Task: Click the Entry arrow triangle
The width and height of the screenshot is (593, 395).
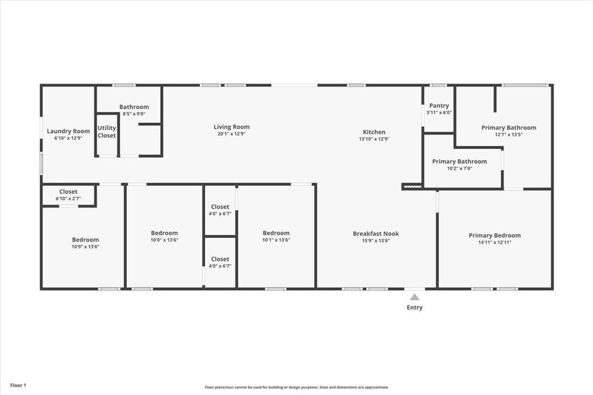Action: (x=415, y=297)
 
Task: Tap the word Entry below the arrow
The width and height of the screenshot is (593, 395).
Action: (x=415, y=308)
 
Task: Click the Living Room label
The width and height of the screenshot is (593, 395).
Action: (x=231, y=127)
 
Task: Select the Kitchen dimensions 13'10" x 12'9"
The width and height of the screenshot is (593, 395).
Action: (x=374, y=139)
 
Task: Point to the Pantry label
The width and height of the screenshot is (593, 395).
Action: (x=439, y=106)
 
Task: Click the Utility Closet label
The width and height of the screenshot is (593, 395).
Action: (x=107, y=132)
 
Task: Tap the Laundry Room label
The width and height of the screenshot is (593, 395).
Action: (x=68, y=131)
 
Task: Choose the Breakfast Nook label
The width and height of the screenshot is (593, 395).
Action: (x=376, y=234)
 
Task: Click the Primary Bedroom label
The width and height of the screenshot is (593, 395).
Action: (x=495, y=235)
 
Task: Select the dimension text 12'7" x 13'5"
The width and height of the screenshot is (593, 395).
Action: (x=509, y=134)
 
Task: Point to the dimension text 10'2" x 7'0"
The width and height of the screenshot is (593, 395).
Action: (x=460, y=168)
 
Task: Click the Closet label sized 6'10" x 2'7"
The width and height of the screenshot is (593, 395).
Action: (x=68, y=192)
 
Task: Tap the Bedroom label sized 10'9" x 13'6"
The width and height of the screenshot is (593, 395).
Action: (x=85, y=240)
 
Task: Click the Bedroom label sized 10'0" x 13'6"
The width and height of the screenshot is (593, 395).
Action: (x=164, y=233)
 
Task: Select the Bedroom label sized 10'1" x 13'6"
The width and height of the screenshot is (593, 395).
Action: (x=276, y=233)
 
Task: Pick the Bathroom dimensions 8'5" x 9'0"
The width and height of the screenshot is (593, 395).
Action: (x=134, y=113)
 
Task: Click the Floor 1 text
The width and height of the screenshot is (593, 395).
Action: (x=18, y=386)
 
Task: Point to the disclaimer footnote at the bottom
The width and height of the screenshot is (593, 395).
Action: (x=297, y=387)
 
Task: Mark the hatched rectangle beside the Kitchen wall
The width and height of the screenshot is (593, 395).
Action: (x=412, y=186)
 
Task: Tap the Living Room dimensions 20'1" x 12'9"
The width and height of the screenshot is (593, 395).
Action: (x=231, y=133)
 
